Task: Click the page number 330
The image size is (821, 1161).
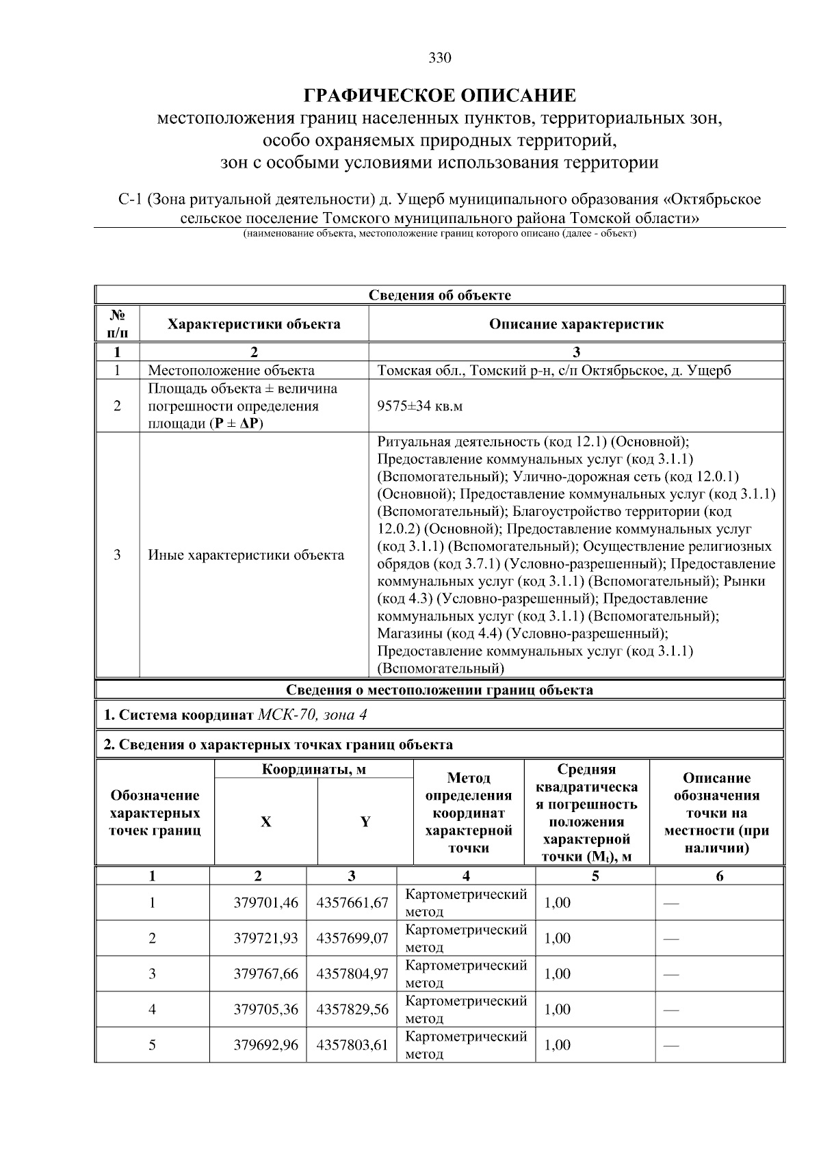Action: click(440, 58)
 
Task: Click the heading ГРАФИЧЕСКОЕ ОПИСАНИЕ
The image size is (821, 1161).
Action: click(440, 95)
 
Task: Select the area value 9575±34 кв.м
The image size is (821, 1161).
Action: click(419, 406)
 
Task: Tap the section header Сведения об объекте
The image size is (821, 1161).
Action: click(440, 296)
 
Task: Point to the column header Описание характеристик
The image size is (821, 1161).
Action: click(576, 324)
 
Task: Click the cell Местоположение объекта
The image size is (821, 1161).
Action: click(231, 371)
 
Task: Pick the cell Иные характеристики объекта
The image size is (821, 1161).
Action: click(246, 555)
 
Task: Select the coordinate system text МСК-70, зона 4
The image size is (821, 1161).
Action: click(313, 715)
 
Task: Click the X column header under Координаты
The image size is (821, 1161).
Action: click(265, 822)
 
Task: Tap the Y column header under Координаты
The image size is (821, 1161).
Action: click(365, 822)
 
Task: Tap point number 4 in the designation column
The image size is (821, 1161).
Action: click(152, 1009)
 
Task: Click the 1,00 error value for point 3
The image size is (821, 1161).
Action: click(557, 974)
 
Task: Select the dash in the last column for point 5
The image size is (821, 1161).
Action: click(670, 1045)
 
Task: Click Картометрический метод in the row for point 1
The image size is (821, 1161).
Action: click(465, 902)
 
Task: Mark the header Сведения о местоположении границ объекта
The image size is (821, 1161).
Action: click(440, 690)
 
